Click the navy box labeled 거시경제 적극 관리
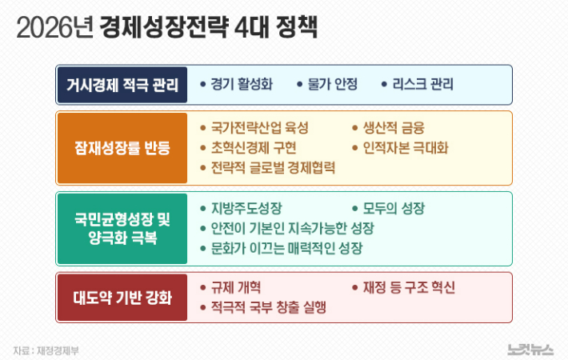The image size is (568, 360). [122, 85]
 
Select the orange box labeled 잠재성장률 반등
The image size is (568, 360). [122, 147]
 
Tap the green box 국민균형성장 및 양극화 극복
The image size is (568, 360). [122, 228]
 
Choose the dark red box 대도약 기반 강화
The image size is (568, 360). [122, 298]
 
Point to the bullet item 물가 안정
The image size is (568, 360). [332, 84]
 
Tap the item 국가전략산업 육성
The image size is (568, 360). [259, 128]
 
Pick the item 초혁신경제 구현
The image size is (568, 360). [254, 148]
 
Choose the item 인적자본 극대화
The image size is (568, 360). [406, 148]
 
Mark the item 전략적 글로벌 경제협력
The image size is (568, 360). [273, 168]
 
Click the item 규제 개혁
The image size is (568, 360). [236, 287]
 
